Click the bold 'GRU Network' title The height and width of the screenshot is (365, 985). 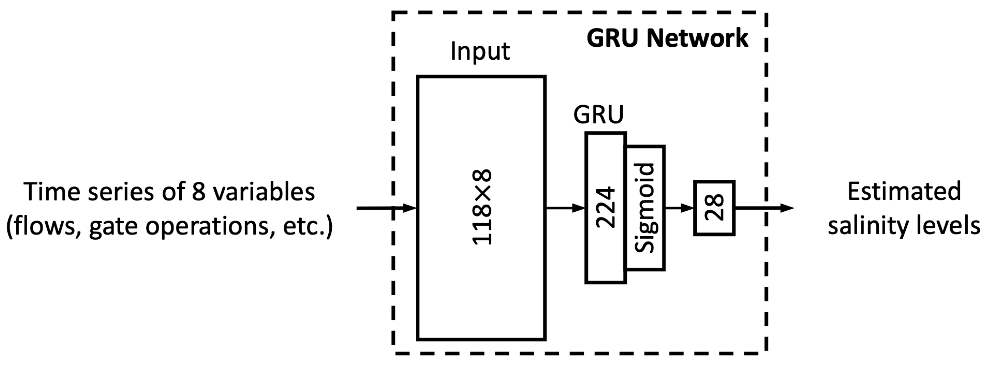[667, 38]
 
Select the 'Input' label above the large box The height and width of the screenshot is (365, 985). [480, 51]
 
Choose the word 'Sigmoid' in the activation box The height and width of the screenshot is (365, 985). [645, 208]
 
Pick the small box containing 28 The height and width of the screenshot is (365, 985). [714, 208]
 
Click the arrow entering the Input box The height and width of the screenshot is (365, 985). [386, 208]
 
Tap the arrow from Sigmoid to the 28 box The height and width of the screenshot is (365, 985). [679, 208]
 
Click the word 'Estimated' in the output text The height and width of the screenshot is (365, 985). [904, 191]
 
